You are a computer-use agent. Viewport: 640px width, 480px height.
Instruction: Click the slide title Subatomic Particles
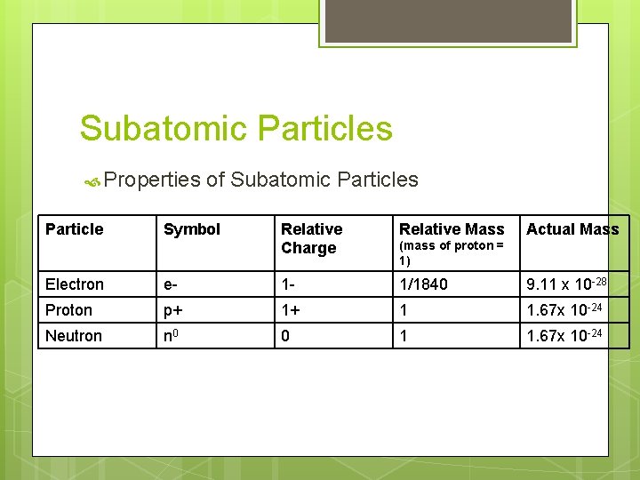click(x=236, y=129)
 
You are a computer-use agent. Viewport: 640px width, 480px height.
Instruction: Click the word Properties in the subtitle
click(x=152, y=180)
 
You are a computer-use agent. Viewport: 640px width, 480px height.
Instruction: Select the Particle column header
click(x=75, y=229)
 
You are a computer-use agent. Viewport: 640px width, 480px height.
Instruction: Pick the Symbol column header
click(x=192, y=229)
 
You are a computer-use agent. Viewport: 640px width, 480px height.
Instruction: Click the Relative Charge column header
click(x=311, y=238)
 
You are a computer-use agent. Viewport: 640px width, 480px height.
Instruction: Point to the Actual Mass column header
click(x=572, y=229)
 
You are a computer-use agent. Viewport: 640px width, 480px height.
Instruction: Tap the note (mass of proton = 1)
click(x=451, y=252)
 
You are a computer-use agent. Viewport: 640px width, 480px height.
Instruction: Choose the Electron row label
click(x=75, y=284)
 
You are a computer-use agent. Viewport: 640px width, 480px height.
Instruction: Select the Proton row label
click(x=69, y=310)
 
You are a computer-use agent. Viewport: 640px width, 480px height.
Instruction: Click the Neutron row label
click(x=74, y=336)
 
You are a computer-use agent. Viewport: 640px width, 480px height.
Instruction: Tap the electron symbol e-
click(x=172, y=284)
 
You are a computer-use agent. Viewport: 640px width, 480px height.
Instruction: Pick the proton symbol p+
click(x=174, y=310)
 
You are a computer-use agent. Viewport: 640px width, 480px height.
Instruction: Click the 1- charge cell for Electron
click(x=288, y=284)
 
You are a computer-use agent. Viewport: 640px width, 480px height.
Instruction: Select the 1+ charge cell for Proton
click(x=290, y=310)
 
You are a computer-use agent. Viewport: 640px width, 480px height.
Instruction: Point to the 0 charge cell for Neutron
click(x=285, y=336)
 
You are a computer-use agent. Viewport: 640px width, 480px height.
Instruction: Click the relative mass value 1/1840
click(x=424, y=284)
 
